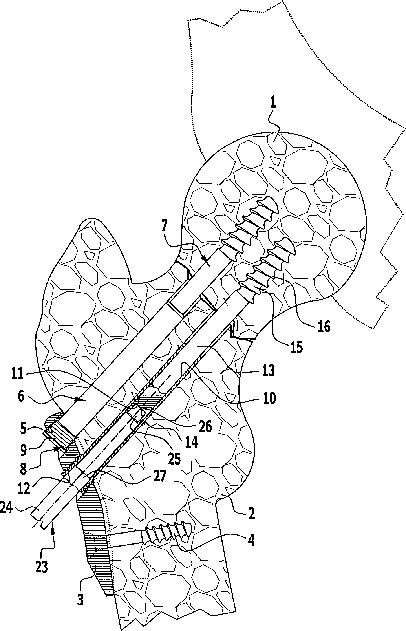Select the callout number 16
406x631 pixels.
tap(324, 327)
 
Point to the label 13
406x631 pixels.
tap(268, 371)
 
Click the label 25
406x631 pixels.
tap(174, 459)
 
